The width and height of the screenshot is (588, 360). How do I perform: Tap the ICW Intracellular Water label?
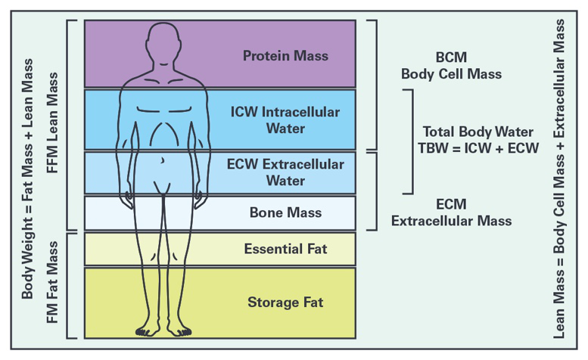(x=285, y=119)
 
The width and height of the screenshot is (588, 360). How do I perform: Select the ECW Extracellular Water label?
(x=286, y=172)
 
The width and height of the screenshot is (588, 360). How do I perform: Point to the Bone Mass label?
(x=285, y=213)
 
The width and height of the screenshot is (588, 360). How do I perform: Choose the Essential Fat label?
(x=285, y=248)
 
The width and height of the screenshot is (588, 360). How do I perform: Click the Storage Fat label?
(x=285, y=303)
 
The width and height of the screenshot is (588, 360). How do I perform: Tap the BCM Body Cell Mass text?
(x=451, y=66)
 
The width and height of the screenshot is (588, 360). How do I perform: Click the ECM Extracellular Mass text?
(x=452, y=212)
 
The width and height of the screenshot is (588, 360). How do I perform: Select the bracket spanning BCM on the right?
(x=373, y=84)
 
